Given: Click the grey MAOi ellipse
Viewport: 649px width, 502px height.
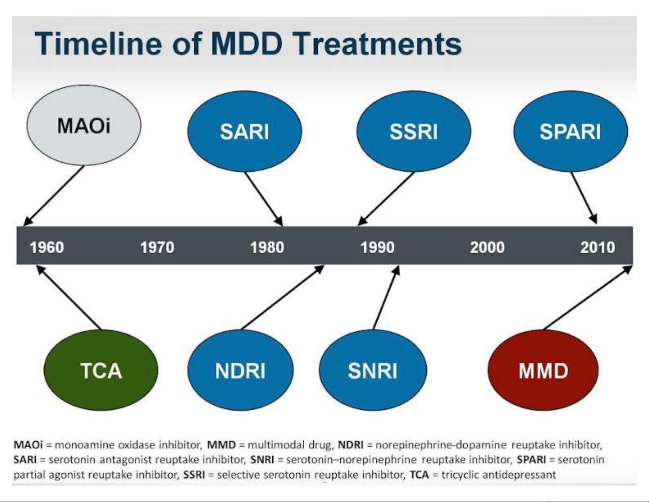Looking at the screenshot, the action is point(84,125).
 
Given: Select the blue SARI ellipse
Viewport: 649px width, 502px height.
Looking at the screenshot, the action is point(244,132).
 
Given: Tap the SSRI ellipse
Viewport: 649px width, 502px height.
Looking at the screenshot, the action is point(414,132).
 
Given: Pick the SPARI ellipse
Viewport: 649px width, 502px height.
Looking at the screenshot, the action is point(570,132).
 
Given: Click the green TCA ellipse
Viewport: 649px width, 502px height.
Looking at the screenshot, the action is point(101,370).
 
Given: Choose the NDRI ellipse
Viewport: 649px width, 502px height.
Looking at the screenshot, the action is point(240,370).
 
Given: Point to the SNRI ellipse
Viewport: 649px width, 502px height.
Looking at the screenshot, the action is point(373,370).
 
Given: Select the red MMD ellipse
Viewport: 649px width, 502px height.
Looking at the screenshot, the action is point(543,370).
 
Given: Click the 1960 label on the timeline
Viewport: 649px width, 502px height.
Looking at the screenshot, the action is point(47,248).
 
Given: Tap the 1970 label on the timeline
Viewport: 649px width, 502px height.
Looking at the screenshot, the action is point(157,248).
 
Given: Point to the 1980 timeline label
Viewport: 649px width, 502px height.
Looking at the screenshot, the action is point(267,248).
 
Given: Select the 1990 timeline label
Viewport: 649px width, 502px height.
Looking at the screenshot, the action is point(378,248).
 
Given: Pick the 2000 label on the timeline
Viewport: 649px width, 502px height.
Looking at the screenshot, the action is point(487,248).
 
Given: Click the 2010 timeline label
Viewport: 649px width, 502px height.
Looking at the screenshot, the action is point(598,248).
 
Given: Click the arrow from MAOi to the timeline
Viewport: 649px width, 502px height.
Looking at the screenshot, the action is point(54,196).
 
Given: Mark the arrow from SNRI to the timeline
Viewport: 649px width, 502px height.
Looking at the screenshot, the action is point(387,298).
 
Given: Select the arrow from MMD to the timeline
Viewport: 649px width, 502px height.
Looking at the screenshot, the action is point(588,298).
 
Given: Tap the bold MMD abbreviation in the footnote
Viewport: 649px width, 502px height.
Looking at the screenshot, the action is point(221,445).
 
